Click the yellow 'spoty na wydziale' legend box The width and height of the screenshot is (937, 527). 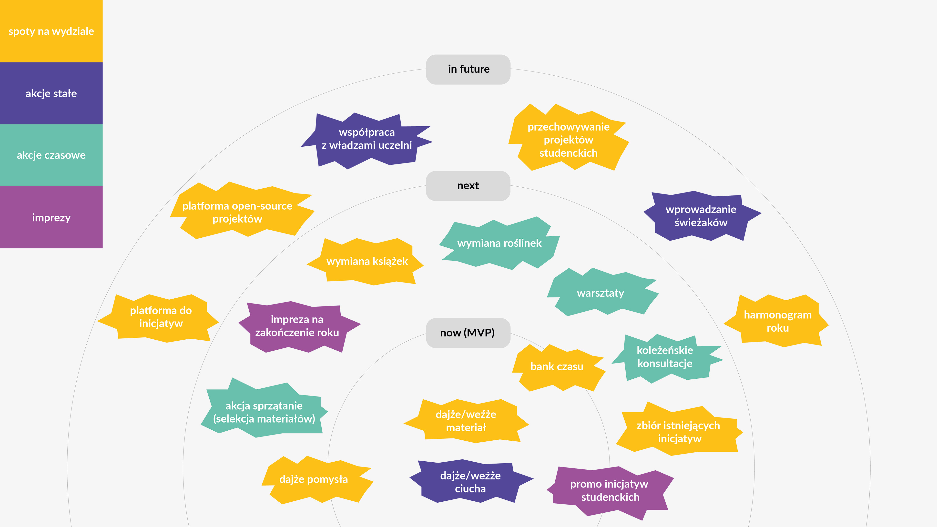[51, 31]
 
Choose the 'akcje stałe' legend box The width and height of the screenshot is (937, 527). [51, 93]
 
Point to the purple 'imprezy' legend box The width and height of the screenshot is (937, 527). [51, 217]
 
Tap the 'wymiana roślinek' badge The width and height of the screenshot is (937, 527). [499, 243]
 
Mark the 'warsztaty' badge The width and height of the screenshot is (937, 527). [601, 293]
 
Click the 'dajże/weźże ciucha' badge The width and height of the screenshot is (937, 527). [470, 482]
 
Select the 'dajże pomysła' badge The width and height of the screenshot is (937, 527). [314, 479]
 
